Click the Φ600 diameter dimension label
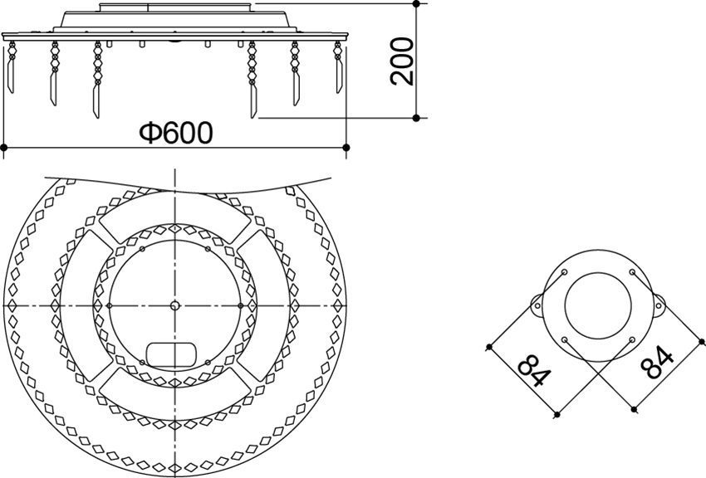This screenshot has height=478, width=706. pos(175,132)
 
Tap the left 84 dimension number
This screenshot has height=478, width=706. pos(532,372)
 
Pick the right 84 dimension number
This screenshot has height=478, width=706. pos(658,363)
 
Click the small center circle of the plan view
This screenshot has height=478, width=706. pos(174,305)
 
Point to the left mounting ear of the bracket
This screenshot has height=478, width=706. pos(537,305)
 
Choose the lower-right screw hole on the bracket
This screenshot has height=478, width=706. pos(632,339)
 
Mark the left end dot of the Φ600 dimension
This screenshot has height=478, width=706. pos(4,148)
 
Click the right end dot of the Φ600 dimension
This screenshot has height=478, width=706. pos(346,148)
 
